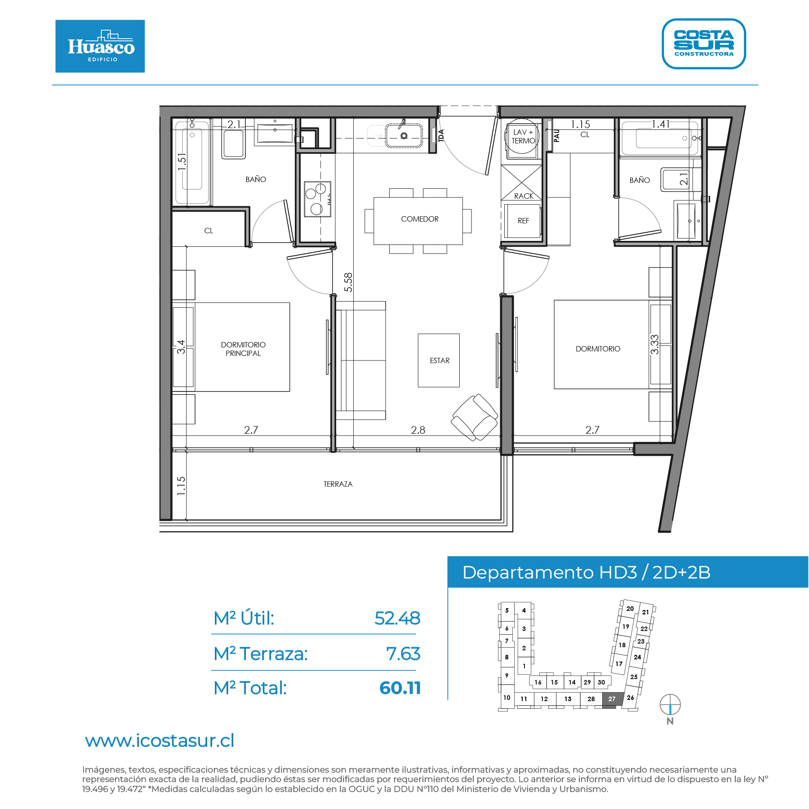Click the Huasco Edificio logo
100,46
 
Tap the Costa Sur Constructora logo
704,44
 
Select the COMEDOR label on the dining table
420,219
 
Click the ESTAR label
440,360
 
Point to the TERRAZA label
338,484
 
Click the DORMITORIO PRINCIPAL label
243,349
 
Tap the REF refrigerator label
523,221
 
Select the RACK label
524,196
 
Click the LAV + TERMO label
523,136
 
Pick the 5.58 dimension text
348,282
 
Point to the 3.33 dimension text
654,344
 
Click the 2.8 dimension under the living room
418,430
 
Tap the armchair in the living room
475,417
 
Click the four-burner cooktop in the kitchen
317,199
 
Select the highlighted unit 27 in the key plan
612,699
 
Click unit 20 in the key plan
630,609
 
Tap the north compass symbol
670,704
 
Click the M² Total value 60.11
400,688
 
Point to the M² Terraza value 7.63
403,654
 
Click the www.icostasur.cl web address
160,741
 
